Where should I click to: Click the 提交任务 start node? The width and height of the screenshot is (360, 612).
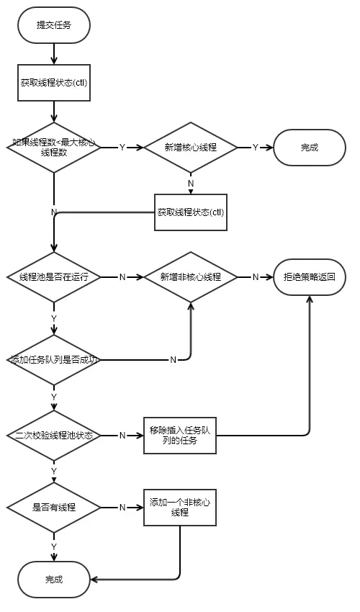tap(54, 25)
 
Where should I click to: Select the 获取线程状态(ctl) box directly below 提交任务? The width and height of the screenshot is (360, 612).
tap(54, 82)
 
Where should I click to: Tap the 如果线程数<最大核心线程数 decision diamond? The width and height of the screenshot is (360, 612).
tap(54, 147)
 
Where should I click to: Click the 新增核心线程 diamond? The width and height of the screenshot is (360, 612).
tap(191, 147)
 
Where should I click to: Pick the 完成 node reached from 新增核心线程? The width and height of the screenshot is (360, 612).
tap(310, 147)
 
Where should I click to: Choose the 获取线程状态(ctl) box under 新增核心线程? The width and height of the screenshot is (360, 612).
tap(191, 212)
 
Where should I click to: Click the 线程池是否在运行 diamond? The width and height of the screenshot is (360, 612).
tap(54, 276)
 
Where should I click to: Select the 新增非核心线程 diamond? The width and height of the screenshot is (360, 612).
tap(191, 276)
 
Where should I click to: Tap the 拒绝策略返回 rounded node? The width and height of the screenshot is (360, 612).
tap(310, 276)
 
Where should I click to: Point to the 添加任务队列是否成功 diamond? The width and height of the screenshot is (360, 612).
tap(54, 359)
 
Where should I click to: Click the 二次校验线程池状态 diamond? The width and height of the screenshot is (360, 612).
tap(54, 435)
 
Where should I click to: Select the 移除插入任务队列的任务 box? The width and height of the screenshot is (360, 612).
tap(179, 435)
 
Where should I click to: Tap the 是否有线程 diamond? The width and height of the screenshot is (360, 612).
tap(54, 507)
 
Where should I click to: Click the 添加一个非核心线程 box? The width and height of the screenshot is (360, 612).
tap(179, 507)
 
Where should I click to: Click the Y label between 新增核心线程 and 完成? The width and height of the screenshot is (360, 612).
tap(255, 147)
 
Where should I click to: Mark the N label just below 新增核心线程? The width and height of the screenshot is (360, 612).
tap(191, 183)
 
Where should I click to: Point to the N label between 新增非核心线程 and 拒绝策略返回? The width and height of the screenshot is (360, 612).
tap(255, 276)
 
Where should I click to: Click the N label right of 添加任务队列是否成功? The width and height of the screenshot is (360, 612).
tap(173, 359)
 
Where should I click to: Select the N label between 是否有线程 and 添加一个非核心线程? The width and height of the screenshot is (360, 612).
tap(122, 507)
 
